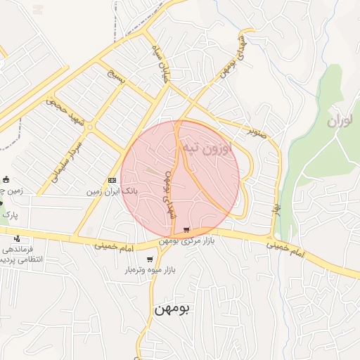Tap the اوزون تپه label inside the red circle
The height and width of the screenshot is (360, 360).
pos(205,148)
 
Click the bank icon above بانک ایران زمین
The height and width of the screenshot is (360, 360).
pos(111,180)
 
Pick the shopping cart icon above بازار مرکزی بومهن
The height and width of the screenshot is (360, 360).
pos(186,231)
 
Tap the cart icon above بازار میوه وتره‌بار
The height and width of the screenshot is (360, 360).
pos(149,259)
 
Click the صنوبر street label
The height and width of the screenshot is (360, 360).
pos(257,131)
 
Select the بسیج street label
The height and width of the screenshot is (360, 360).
pos(115,77)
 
